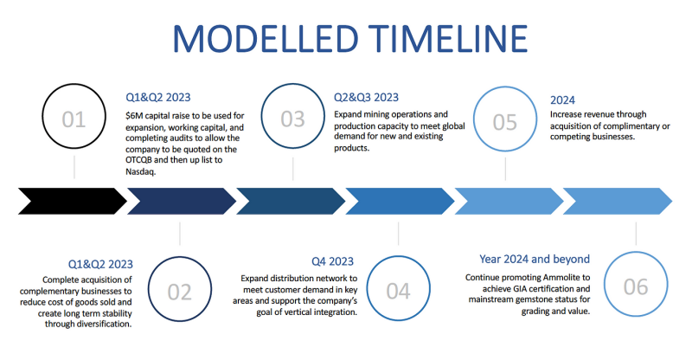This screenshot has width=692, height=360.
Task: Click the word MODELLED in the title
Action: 266,38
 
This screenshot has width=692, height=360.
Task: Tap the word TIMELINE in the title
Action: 448,38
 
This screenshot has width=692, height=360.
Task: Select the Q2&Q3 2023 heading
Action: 366,97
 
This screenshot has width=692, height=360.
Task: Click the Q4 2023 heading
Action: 332,261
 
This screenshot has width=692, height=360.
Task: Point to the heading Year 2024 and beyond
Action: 535,259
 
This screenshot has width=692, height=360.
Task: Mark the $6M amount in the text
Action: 134,116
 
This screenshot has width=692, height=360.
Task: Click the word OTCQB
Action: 138,160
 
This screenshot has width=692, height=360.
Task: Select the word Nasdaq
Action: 140,171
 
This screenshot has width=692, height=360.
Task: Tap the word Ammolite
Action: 567,278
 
